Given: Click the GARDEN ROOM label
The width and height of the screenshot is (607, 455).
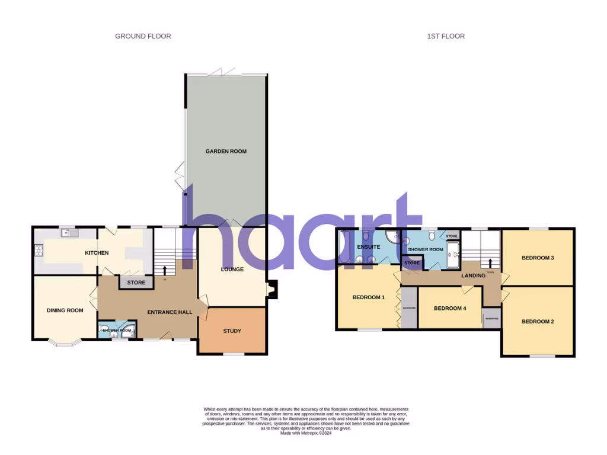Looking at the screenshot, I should click(226, 152).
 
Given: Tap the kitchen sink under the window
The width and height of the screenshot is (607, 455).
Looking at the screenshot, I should click(71, 233).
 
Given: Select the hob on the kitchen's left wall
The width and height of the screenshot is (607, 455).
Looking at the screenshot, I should click(40, 251).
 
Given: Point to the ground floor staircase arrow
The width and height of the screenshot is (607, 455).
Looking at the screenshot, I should click(165, 270).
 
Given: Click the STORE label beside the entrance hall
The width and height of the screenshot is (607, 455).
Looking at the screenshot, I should click(136, 283).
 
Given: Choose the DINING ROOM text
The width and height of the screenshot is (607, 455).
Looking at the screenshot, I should click(65, 310).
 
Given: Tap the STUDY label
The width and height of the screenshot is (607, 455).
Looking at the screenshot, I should click(232, 331).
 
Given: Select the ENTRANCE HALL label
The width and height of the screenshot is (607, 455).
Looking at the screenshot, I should click(170, 312).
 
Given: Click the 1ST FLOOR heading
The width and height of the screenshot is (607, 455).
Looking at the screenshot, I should click(446, 36).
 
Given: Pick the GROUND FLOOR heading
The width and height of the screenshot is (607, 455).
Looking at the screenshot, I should click(143, 36).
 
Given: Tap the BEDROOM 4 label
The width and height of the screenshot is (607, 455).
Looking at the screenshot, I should click(450, 309).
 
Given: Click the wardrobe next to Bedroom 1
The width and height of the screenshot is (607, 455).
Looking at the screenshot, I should click(408, 308).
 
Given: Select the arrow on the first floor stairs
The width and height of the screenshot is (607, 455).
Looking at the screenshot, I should click(490, 263).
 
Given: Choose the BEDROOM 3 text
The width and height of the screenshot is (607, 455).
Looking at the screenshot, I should click(538, 258).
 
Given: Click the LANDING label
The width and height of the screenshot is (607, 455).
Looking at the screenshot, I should click(472, 275).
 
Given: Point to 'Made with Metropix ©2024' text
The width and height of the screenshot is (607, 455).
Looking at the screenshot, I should click(306, 433).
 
